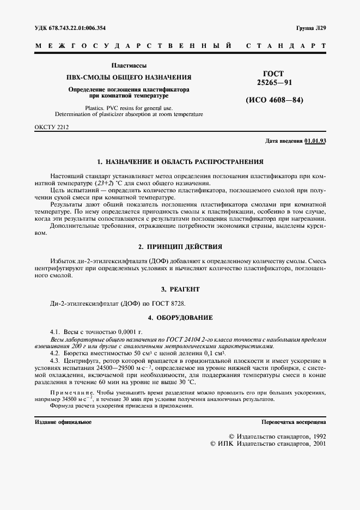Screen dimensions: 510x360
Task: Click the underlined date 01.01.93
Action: (x=315, y=141)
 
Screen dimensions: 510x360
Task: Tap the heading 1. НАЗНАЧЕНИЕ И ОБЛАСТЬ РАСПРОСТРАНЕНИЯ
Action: (x=180, y=162)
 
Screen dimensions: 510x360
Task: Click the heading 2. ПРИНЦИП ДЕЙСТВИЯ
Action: (x=180, y=247)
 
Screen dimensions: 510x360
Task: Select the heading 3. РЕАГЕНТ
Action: (x=180, y=289)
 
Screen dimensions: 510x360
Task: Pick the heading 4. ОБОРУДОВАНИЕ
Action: (x=180, y=317)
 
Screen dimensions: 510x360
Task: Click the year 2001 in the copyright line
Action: (x=316, y=444)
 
